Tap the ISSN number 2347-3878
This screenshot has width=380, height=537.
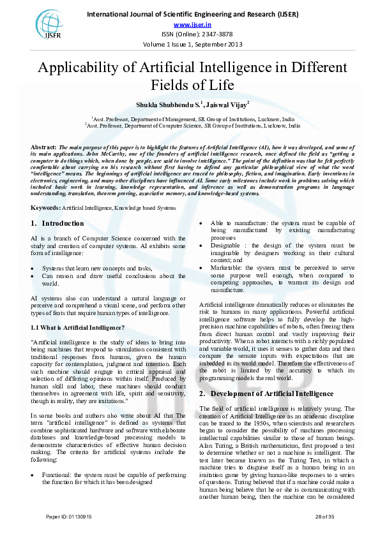click(x=208, y=34)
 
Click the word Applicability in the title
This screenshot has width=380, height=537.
click(x=81, y=69)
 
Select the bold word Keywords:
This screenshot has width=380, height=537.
click(x=45, y=190)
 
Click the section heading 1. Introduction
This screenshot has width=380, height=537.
click(x=57, y=205)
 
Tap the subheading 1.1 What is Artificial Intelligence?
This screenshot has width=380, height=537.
click(x=78, y=328)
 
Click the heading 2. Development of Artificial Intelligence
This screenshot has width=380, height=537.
click(x=257, y=393)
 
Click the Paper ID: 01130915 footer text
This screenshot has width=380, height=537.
click(x=69, y=516)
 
